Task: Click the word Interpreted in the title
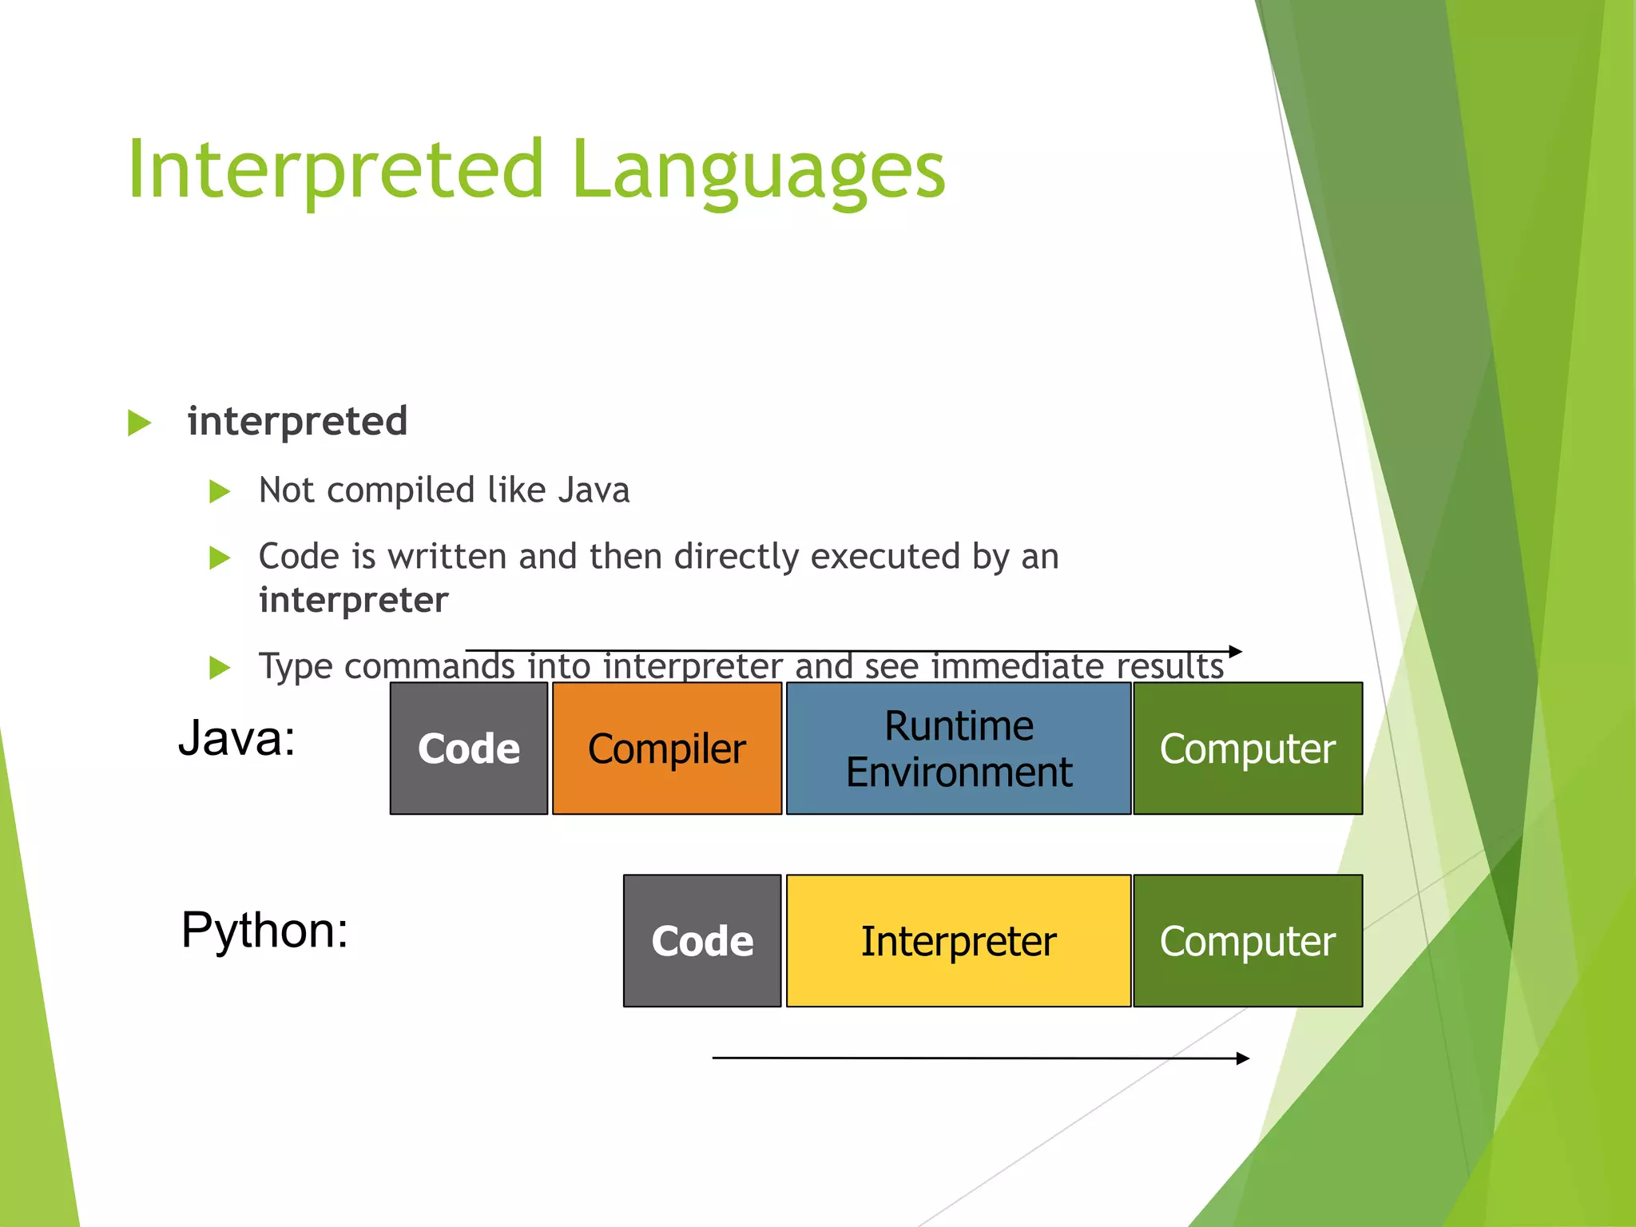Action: tap(336, 169)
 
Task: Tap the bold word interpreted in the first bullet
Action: tap(297, 421)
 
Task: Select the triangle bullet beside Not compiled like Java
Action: tap(219, 490)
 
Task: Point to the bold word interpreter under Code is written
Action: tap(353, 600)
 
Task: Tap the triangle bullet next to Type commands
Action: tap(219, 666)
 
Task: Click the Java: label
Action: tap(236, 737)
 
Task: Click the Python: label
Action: tap(264, 930)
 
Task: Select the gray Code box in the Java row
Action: tap(469, 749)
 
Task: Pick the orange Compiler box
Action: tap(666, 749)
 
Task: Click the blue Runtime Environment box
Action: tap(958, 749)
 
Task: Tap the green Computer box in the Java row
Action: tap(1247, 749)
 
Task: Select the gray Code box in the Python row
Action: tap(701, 940)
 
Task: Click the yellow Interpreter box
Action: tap(958, 940)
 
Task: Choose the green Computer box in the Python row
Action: tap(1247, 940)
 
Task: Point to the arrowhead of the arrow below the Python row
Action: tap(1242, 1058)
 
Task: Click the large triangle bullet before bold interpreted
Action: tap(139, 423)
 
